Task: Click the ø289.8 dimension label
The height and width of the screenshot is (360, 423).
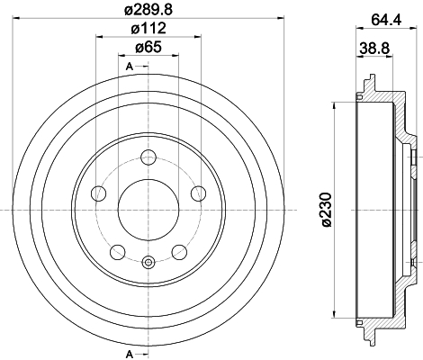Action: pos(148,10)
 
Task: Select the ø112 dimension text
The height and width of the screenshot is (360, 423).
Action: pos(148,29)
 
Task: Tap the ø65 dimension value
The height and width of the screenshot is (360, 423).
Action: pos(148,47)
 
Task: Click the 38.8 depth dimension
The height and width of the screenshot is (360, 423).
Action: pos(374,48)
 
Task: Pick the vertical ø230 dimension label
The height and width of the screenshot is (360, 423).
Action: pos(327,210)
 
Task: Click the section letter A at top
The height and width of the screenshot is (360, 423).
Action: pos(130,67)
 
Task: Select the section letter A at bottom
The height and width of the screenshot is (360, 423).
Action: pos(130,355)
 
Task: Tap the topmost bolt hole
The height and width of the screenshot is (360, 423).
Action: pos(148,157)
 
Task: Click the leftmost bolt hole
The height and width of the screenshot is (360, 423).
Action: pos(99,193)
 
